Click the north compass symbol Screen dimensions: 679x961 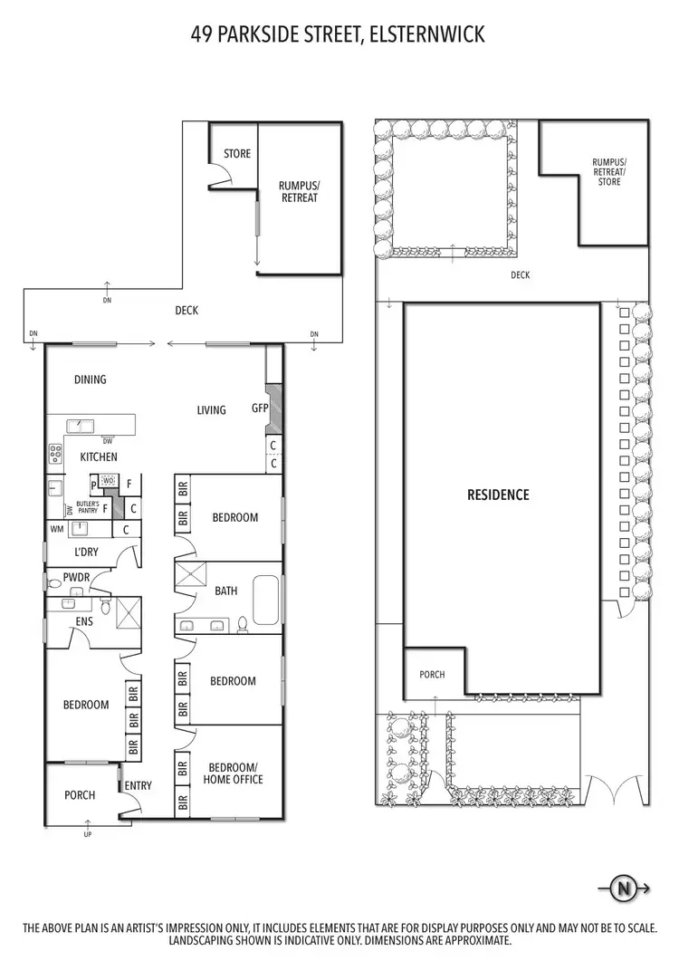click(x=623, y=889)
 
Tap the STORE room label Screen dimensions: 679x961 click(x=237, y=154)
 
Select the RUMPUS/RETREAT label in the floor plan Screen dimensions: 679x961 click(x=299, y=191)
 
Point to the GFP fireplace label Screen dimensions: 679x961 click(x=261, y=408)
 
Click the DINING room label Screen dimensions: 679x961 click(x=90, y=380)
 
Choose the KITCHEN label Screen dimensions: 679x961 click(x=99, y=457)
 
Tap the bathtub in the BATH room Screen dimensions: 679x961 click(x=267, y=600)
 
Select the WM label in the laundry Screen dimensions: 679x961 click(x=57, y=529)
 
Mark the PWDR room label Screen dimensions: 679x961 click(x=76, y=576)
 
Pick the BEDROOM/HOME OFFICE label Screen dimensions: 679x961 click(x=233, y=773)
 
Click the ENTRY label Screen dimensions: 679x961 click(x=138, y=786)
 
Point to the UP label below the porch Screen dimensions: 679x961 click(x=88, y=834)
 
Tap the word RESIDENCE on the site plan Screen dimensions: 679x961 click(x=498, y=495)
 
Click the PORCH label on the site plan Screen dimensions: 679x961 click(x=432, y=675)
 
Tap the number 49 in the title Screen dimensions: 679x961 click(x=202, y=35)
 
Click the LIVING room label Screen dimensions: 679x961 click(x=211, y=410)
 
